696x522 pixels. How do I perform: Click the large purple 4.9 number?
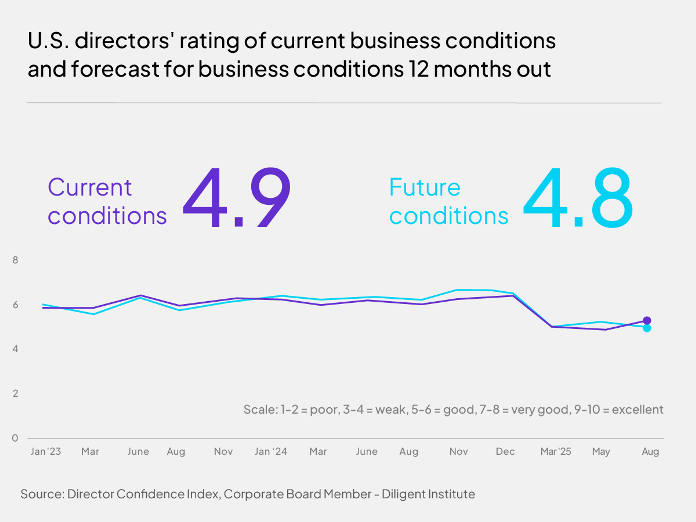(x=237, y=197)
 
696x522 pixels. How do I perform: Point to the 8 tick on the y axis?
(x=15, y=260)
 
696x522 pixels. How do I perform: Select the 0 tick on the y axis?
(x=15, y=438)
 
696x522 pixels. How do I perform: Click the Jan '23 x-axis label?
(x=46, y=451)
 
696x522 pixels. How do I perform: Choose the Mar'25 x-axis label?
(x=556, y=451)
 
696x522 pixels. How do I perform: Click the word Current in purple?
(x=90, y=188)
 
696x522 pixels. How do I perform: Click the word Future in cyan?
(x=425, y=188)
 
